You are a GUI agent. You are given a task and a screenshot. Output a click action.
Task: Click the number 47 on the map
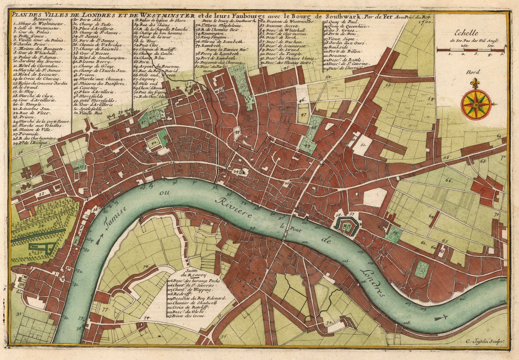point(303,115)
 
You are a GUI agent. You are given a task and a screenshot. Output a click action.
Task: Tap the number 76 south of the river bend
point(146,266)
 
